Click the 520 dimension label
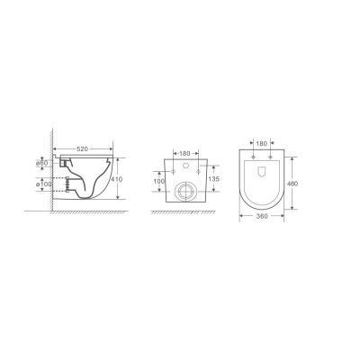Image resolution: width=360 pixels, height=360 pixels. coord(83,148)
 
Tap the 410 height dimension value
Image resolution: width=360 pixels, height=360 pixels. coord(117,179)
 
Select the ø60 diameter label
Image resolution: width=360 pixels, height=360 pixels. coord(42,163)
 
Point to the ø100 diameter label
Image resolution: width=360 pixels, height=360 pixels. coord(44,184)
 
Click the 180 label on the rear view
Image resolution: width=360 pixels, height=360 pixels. coord(184,154)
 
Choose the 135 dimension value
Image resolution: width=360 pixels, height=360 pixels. coord(213,179)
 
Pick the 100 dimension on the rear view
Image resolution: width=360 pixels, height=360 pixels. coord(159,181)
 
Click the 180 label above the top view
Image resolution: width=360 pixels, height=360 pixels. coord(262,143)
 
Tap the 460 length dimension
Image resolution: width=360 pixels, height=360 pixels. coord(292,184)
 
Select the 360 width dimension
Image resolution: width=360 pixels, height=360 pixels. coord(262,216)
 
